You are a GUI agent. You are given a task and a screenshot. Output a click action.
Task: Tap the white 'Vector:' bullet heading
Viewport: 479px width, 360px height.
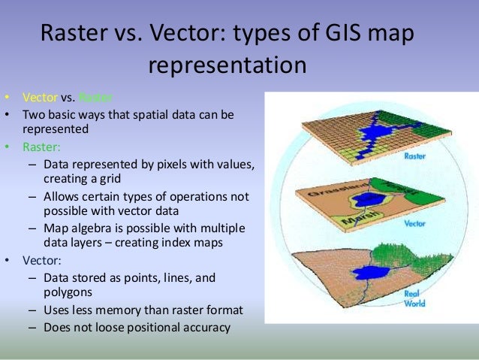pos(42,262)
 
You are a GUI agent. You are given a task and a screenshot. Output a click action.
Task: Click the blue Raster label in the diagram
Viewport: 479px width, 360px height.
pos(415,158)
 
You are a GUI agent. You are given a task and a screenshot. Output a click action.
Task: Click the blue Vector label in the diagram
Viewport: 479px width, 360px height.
pos(415,224)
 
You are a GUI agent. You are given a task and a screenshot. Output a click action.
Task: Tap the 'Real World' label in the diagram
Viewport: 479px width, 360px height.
pos(414,298)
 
